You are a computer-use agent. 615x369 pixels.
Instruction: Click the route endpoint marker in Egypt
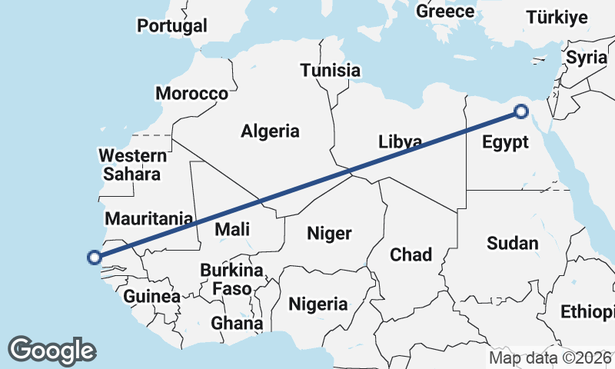click(521, 112)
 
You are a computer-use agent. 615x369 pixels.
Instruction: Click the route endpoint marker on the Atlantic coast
click(95, 258)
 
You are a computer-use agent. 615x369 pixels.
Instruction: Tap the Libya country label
click(400, 142)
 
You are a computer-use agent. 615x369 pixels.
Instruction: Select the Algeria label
click(270, 131)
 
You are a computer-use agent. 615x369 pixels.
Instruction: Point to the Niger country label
click(329, 233)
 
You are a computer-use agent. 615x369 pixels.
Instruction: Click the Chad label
click(411, 254)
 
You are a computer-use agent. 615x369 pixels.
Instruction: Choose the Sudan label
click(512, 244)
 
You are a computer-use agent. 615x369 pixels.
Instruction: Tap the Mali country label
click(232, 228)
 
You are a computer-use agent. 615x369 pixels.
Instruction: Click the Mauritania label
click(148, 218)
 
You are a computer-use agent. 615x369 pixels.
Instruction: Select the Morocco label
click(191, 94)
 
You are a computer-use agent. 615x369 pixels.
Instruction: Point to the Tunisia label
click(331, 71)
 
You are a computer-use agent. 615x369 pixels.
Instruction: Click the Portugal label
click(172, 25)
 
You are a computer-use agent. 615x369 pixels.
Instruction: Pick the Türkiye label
click(557, 18)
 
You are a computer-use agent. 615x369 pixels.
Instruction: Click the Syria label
click(586, 57)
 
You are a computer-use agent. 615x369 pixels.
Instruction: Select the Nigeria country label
click(318, 304)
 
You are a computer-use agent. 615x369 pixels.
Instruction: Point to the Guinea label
click(151, 296)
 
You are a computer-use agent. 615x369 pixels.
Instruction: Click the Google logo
click(52, 351)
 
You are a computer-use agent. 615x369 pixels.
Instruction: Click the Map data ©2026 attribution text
click(550, 357)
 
